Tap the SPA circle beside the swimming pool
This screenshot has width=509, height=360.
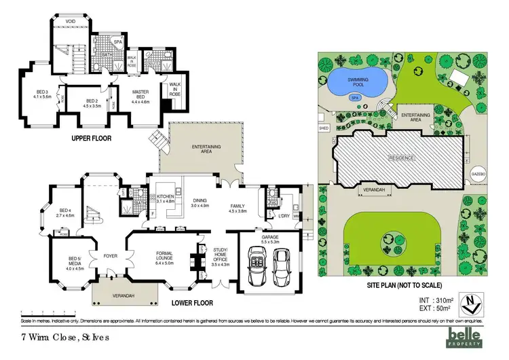pos(354,97)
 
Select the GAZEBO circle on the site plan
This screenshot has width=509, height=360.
pos(477,173)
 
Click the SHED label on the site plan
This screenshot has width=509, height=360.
pos(323,127)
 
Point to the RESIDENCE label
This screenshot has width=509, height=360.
pos(400,158)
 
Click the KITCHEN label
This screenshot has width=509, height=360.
pos(166,198)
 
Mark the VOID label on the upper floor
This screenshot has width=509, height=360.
pos(70,22)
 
